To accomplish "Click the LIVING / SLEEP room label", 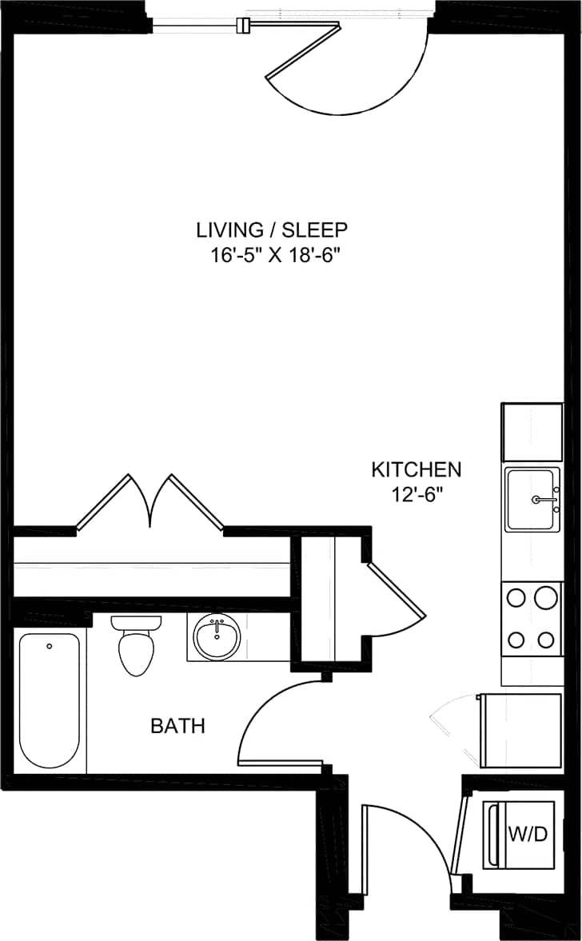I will pyautogui.click(x=272, y=230).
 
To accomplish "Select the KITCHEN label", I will pyautogui.click(x=416, y=469).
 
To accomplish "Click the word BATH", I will pyautogui.click(x=177, y=726).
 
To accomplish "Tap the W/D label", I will pyautogui.click(x=528, y=835).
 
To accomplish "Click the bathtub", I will pyautogui.click(x=50, y=700).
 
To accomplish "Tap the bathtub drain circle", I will pyautogui.click(x=50, y=646).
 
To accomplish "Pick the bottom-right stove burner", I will pyautogui.click(x=547, y=640).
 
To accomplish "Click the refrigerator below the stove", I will pyautogui.click(x=520, y=729).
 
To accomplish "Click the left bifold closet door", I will pyautogui.click(x=104, y=501).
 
